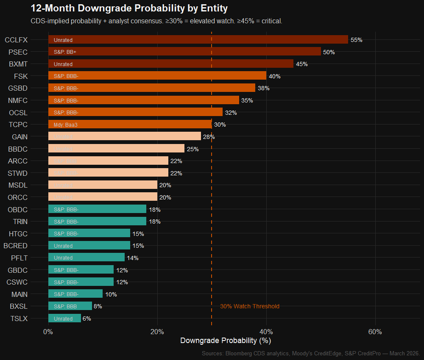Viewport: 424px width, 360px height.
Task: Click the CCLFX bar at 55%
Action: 198,39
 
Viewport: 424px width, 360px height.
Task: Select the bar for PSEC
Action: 184,52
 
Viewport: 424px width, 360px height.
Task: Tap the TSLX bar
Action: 64,318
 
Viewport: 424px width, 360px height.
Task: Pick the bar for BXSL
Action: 70,306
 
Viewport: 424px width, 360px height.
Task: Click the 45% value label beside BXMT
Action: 302,64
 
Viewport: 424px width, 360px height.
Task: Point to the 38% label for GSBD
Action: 264,88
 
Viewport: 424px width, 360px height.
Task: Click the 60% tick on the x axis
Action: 375,331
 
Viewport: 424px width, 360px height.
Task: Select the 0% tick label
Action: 48,331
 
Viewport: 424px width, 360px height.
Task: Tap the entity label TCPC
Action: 18,125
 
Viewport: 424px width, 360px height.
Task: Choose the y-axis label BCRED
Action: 15,246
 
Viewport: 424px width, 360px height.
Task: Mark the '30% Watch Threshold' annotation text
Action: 250,306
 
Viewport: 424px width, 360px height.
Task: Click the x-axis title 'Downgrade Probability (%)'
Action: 226,341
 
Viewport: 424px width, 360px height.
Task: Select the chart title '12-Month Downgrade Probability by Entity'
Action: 129,8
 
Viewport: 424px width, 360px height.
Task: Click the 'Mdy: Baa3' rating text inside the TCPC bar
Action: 66,125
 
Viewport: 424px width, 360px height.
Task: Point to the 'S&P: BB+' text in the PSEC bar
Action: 65,52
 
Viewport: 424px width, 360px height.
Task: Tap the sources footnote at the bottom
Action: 311,353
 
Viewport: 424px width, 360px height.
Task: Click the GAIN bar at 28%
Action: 125,136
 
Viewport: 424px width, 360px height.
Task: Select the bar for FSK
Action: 157,76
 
